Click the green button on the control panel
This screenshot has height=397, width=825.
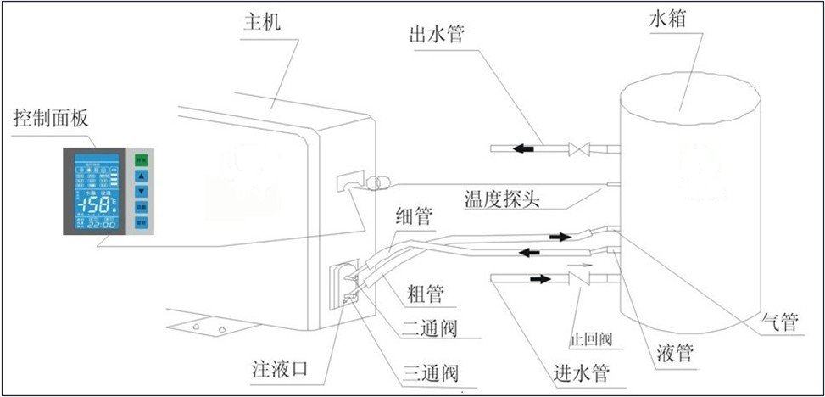[x=142, y=159]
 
